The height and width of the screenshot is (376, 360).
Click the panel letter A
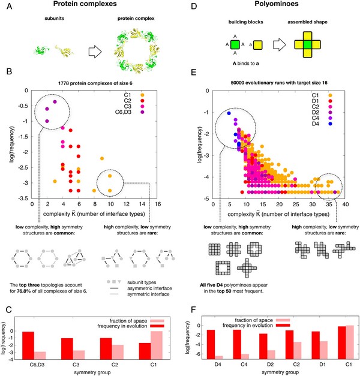pyautogui.click(x=7, y=6)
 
